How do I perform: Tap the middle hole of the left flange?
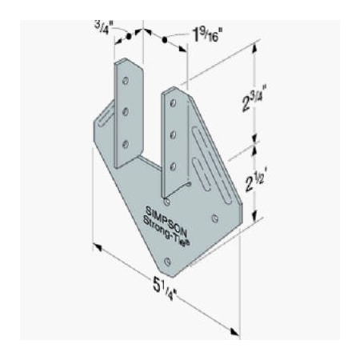pyautogui.click(x=126, y=111)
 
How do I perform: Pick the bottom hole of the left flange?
pyautogui.click(x=126, y=143)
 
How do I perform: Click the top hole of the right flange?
pyautogui.click(x=171, y=102)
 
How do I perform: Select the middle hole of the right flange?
pyautogui.click(x=172, y=134)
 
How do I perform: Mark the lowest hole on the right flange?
pyautogui.click(x=173, y=166)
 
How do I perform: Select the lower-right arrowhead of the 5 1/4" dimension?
pyautogui.click(x=235, y=330)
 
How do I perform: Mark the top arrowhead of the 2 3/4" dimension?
pyautogui.click(x=255, y=47)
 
